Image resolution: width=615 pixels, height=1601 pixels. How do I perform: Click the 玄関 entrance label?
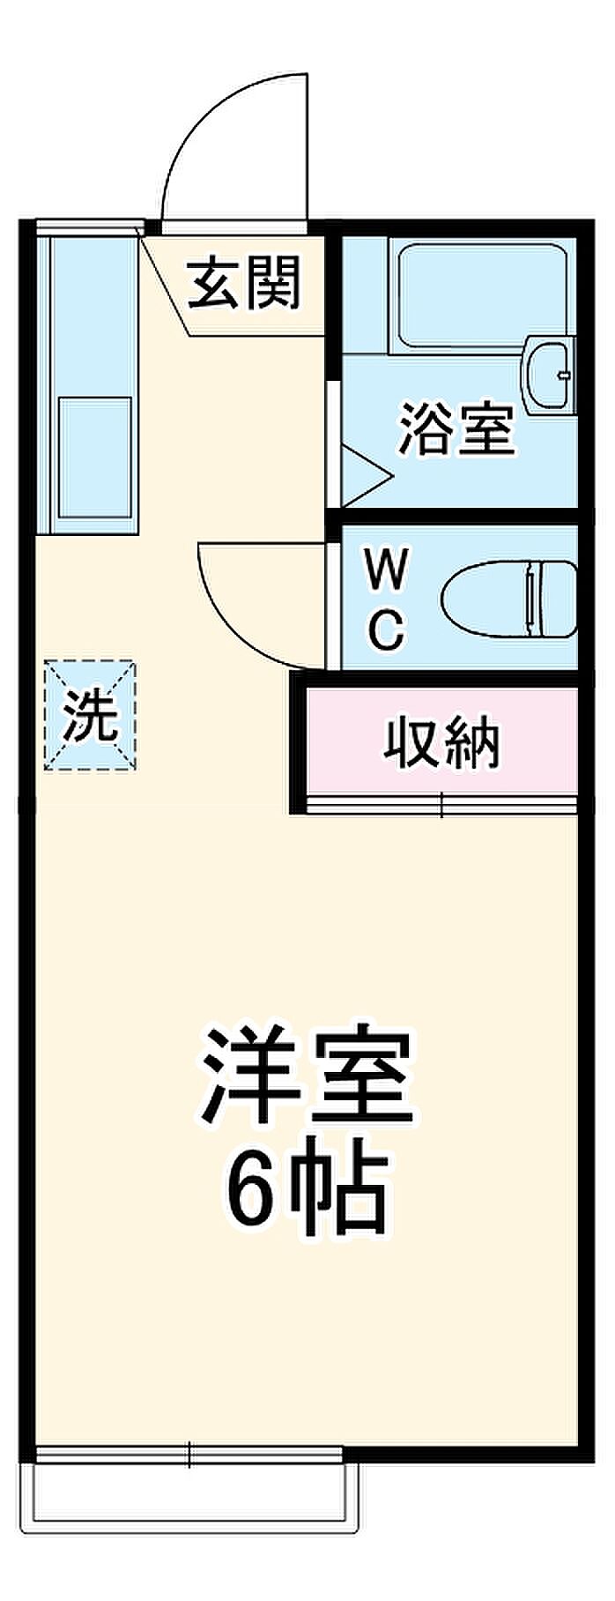pyautogui.click(x=246, y=283)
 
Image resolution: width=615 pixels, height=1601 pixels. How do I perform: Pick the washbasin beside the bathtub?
pyautogui.click(x=548, y=374)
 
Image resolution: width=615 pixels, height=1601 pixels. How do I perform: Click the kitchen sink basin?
pyautogui.click(x=94, y=459)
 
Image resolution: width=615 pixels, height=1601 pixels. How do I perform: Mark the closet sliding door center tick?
pyautogui.click(x=441, y=804)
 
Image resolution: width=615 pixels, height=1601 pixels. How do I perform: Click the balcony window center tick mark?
pyautogui.click(x=189, y=1454)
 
